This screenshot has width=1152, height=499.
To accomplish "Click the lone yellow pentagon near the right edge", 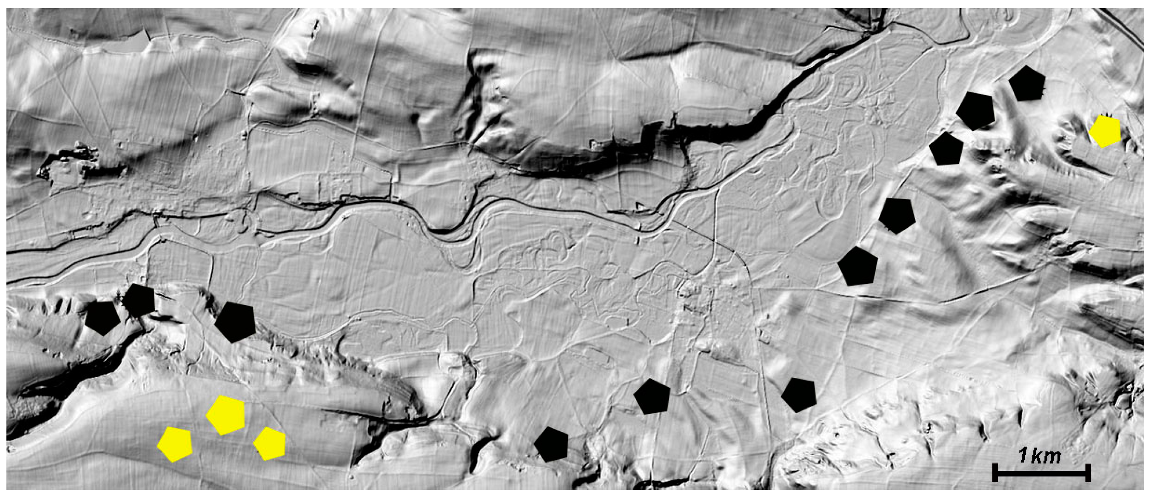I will pos(1104,131).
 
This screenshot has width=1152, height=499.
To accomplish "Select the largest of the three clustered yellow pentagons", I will pos(226,415).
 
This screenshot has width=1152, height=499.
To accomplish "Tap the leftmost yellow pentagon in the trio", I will pos(175,444).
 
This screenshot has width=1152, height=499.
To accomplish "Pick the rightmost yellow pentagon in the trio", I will pos(269,444).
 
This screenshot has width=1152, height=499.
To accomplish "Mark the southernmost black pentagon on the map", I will pos(551,444).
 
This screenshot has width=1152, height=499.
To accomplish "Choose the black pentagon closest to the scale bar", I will pos(799,395).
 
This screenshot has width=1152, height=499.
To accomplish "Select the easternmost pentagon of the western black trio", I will pos(235,322).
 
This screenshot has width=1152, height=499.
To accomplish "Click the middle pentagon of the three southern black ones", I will pos(652,396).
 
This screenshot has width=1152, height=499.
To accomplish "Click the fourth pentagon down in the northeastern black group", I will pos(897,216).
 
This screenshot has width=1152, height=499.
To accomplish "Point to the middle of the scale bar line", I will pos(1042,473).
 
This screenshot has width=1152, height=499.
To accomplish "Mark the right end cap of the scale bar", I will pos(1088,473).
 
